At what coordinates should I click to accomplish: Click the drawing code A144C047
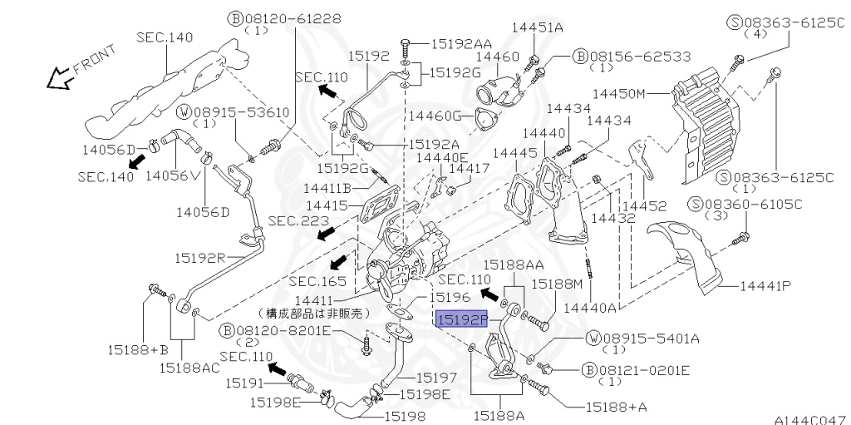pyautogui.click(x=810, y=419)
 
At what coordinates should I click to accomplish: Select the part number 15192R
pyautogui.click(x=199, y=257)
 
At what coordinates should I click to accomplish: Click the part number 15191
pyautogui.click(x=248, y=383)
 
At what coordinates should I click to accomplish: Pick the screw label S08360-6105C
pyautogui.click(x=744, y=205)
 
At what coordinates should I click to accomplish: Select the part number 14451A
pyautogui.click(x=538, y=27)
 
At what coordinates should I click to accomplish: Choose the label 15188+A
pyautogui.click(x=593, y=407)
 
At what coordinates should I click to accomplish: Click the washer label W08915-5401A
pyautogui.click(x=642, y=338)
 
